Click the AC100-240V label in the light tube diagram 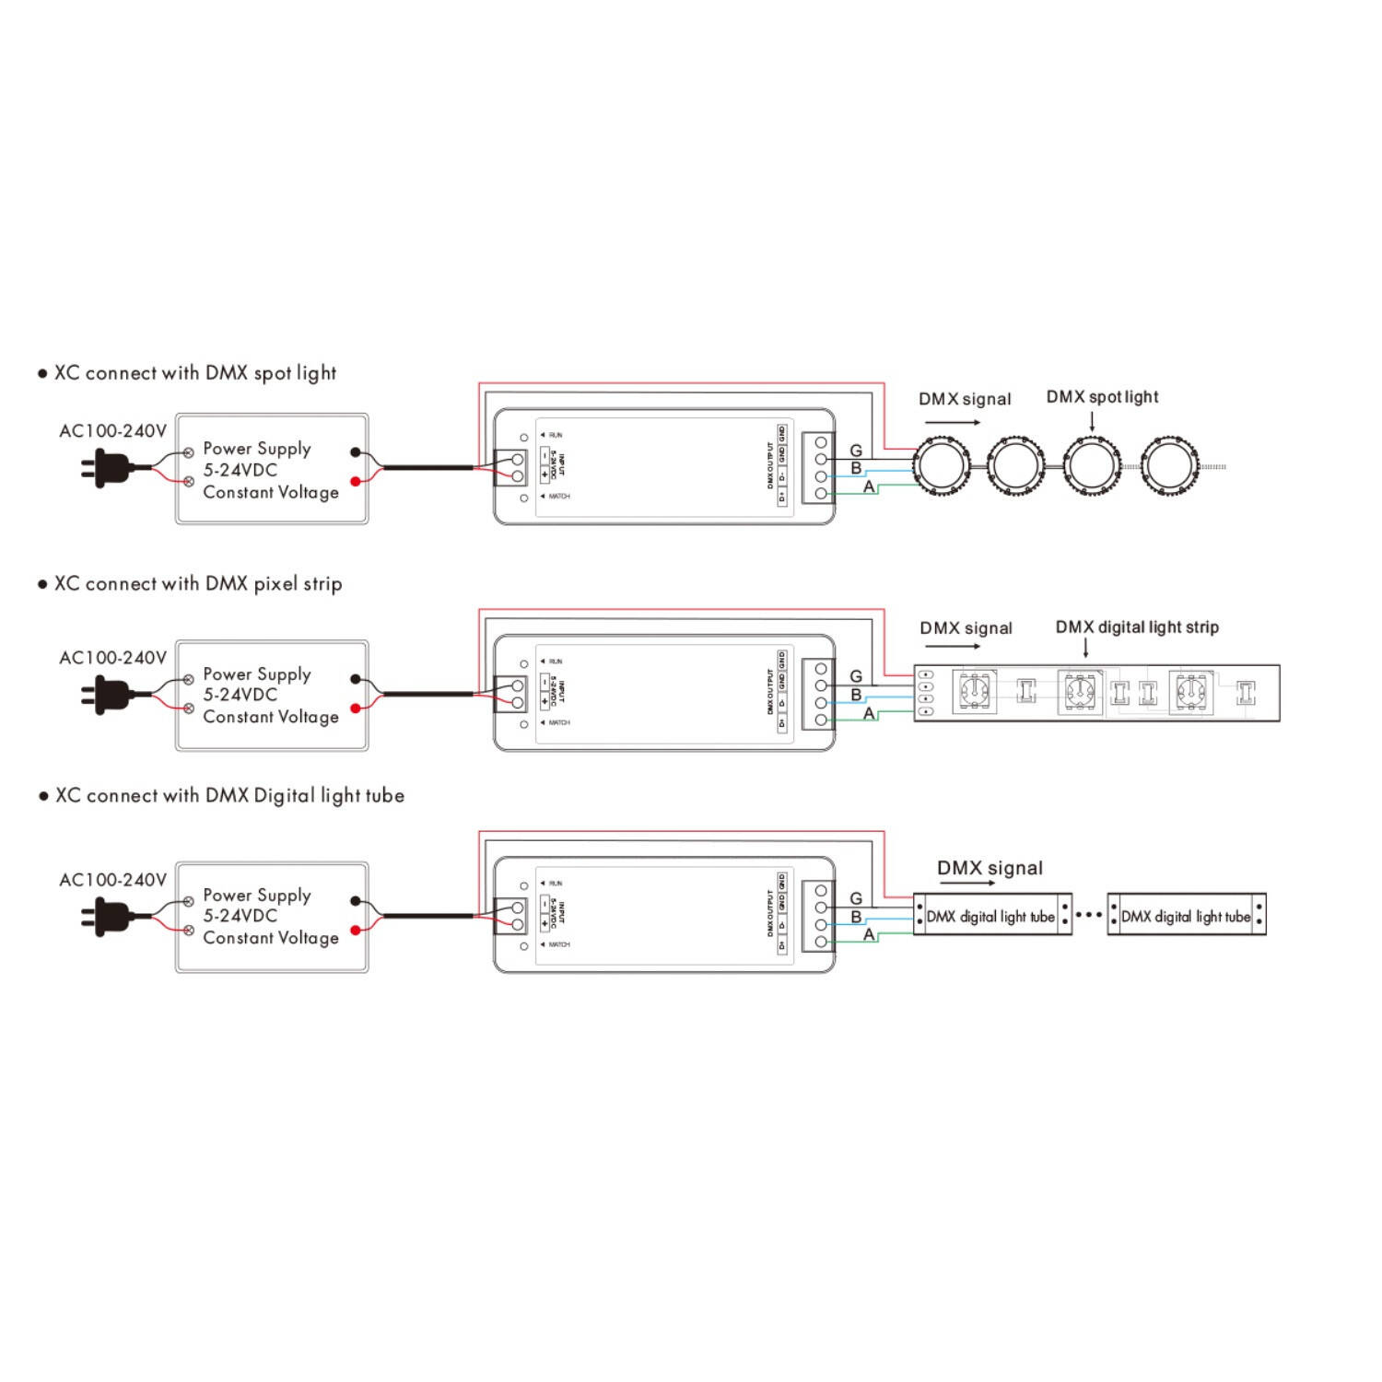click(x=112, y=880)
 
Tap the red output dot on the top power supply click(x=356, y=481)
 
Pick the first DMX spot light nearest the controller click(x=941, y=467)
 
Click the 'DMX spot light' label click(x=1102, y=397)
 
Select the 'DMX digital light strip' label click(x=1137, y=627)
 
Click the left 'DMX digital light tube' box click(x=991, y=916)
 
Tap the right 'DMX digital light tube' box click(x=1186, y=916)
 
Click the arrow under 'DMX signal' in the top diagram click(x=953, y=423)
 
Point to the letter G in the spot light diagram click(x=856, y=451)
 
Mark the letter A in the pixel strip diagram click(x=869, y=713)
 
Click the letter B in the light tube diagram click(x=856, y=917)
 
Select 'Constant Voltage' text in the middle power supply click(x=271, y=717)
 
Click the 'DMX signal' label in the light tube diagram click(x=990, y=868)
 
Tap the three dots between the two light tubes click(x=1089, y=915)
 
